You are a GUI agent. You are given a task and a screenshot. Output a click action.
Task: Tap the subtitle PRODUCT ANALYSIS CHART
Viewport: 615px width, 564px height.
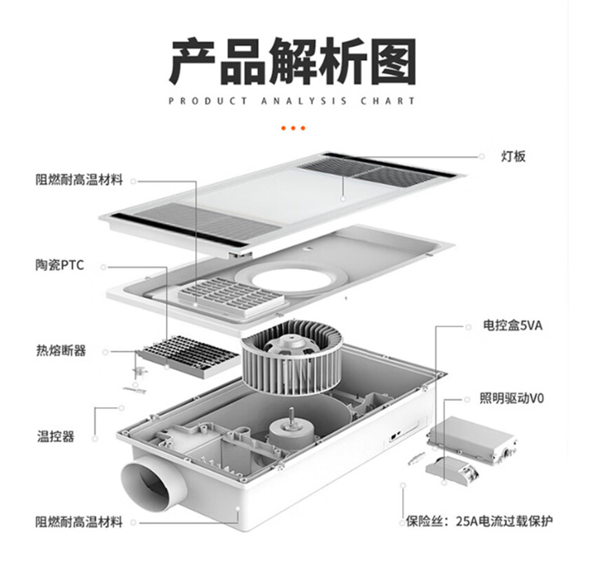[x=291, y=101]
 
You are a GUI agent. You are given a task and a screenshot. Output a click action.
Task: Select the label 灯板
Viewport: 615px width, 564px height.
[x=515, y=156]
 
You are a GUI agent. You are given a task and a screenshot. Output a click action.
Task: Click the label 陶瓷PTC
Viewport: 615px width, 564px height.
[x=59, y=265]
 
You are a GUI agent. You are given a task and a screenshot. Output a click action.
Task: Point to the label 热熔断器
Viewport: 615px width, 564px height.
[x=61, y=351]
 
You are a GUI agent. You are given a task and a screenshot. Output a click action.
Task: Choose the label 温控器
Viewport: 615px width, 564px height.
[x=55, y=436]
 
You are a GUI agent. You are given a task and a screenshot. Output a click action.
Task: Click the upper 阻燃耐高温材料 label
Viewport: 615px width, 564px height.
[x=78, y=180]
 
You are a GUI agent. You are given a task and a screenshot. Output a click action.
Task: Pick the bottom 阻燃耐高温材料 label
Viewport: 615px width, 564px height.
[x=78, y=522]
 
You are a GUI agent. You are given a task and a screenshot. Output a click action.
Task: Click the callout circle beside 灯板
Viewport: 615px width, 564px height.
[x=482, y=156]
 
